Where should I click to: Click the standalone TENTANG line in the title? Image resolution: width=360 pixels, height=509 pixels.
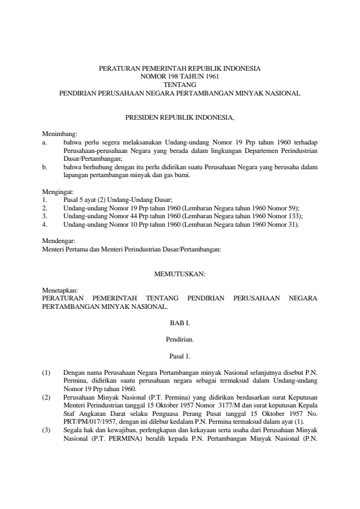(180, 85)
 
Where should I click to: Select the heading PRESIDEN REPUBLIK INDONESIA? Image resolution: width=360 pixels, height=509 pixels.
(180, 115)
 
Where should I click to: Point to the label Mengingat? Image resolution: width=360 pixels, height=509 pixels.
(56, 191)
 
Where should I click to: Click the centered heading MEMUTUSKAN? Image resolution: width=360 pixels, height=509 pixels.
(180, 274)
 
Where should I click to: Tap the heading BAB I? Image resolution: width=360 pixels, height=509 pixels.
(180, 323)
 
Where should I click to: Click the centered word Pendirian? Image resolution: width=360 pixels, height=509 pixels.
(180, 340)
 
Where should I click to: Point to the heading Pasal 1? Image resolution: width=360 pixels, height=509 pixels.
(180, 356)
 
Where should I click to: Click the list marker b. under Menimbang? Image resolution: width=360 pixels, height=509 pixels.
(45, 166)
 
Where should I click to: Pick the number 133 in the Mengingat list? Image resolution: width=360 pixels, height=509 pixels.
(295, 215)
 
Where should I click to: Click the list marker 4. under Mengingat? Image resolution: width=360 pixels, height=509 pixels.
(45, 224)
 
